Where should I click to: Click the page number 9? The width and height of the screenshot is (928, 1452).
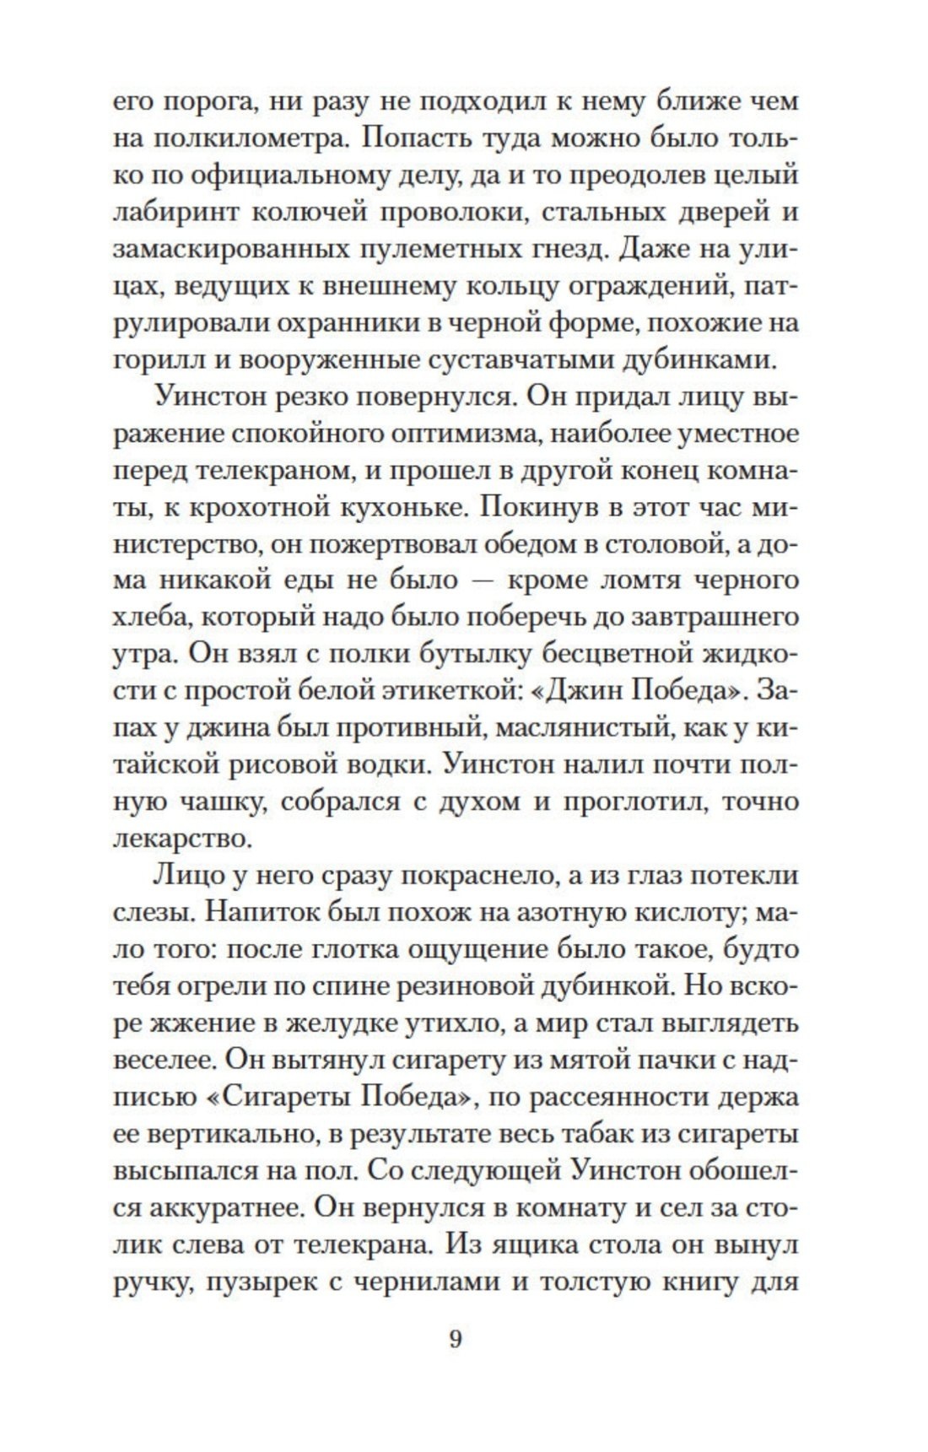click(x=456, y=1338)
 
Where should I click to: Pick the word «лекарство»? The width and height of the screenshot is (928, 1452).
click(x=181, y=839)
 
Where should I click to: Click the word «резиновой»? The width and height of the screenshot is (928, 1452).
click(x=467, y=985)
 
